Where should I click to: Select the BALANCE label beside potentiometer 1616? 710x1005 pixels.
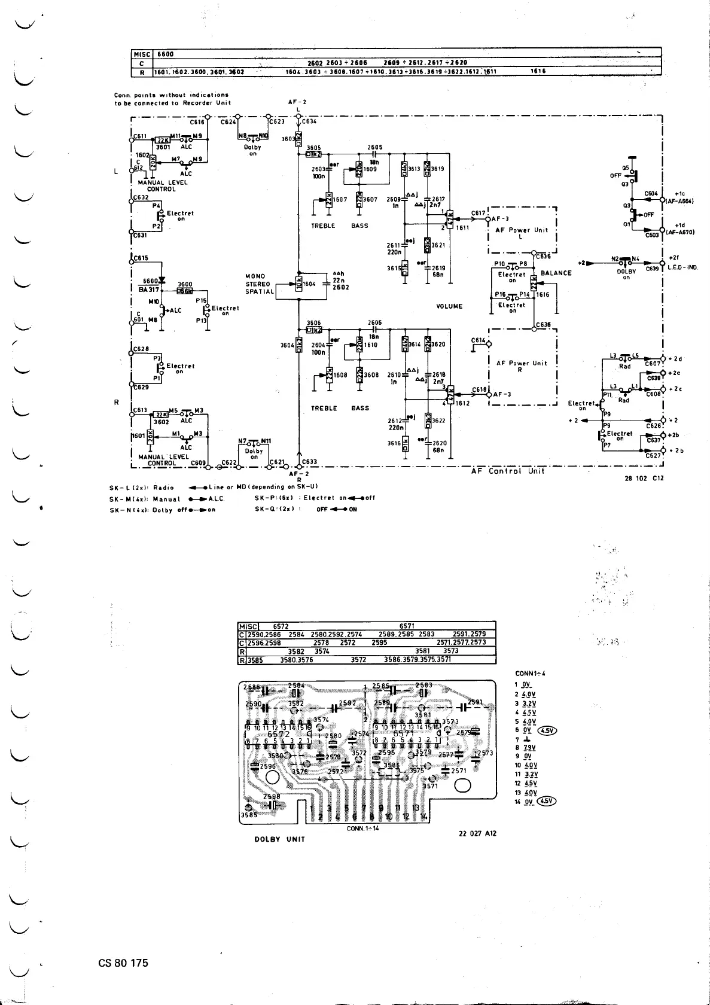[x=556, y=273]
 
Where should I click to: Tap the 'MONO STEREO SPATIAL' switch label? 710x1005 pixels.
[x=259, y=284]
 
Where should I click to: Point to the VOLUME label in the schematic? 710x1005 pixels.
[x=449, y=306]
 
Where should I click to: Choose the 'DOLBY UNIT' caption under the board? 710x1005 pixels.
[x=280, y=839]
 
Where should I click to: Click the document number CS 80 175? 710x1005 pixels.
[x=123, y=963]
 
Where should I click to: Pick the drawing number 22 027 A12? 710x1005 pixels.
[x=477, y=833]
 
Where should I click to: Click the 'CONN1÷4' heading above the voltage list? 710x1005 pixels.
[x=529, y=673]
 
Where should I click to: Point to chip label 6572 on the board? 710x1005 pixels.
[x=279, y=734]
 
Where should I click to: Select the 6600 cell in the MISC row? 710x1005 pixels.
[x=165, y=54]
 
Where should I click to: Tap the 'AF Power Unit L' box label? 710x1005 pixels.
[x=522, y=231]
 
